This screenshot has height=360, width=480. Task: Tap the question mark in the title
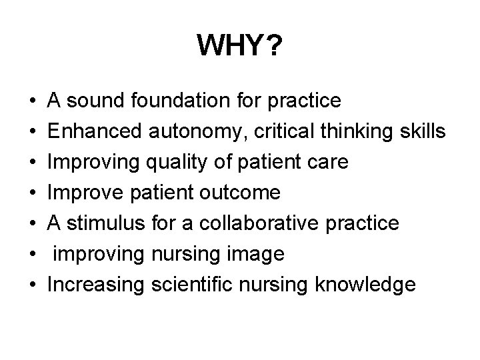[x=273, y=46]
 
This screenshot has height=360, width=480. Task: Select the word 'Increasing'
[x=96, y=285]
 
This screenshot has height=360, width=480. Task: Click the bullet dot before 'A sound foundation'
[x=33, y=101]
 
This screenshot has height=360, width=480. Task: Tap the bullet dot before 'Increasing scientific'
[x=33, y=285]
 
